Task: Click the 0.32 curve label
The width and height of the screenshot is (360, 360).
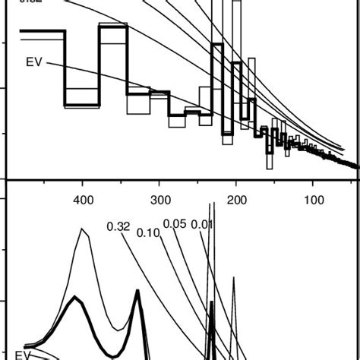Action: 118,226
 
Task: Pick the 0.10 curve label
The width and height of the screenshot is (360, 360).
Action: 148,232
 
